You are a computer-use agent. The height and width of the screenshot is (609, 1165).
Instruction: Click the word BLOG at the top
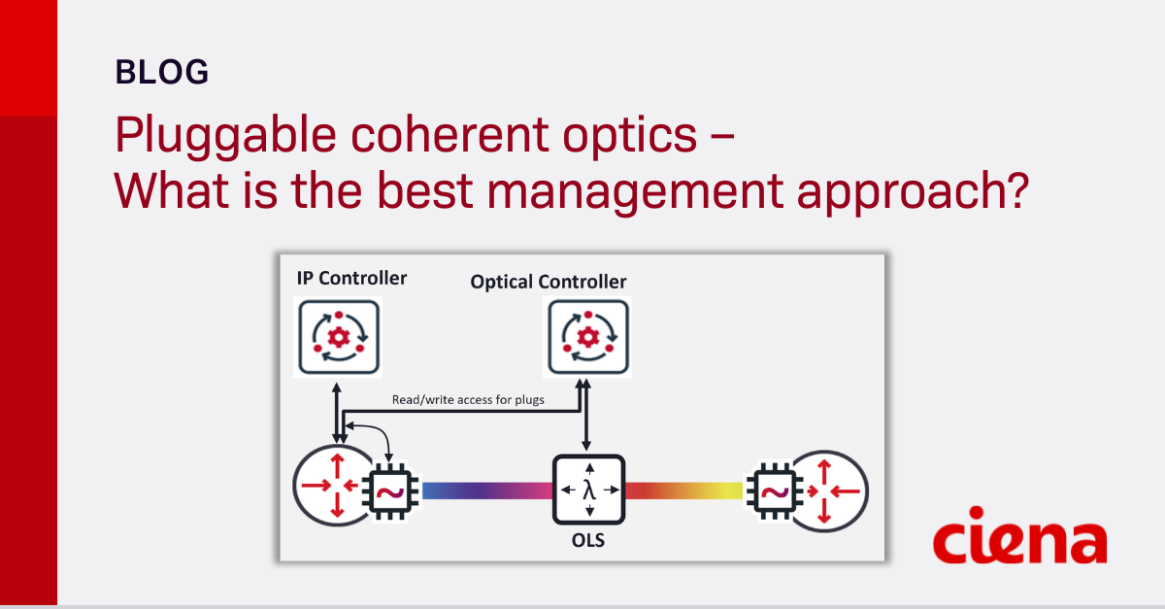click(x=161, y=72)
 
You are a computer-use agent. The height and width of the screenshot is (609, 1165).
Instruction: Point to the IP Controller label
click(x=351, y=279)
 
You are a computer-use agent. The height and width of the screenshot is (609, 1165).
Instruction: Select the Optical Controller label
click(x=549, y=282)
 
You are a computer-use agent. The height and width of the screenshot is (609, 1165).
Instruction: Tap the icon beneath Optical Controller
click(x=587, y=337)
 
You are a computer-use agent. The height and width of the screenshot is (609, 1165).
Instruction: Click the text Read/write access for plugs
click(x=468, y=399)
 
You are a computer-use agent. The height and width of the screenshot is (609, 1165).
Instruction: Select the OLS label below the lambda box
click(x=588, y=540)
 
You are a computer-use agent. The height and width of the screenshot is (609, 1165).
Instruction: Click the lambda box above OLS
click(x=588, y=490)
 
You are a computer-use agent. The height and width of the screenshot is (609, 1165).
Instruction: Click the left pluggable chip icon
click(x=390, y=492)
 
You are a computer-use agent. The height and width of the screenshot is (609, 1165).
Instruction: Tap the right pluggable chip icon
click(x=773, y=492)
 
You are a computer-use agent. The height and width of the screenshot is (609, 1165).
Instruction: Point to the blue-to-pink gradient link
click(x=486, y=491)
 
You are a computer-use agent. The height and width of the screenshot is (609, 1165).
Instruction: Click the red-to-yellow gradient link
click(x=683, y=491)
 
